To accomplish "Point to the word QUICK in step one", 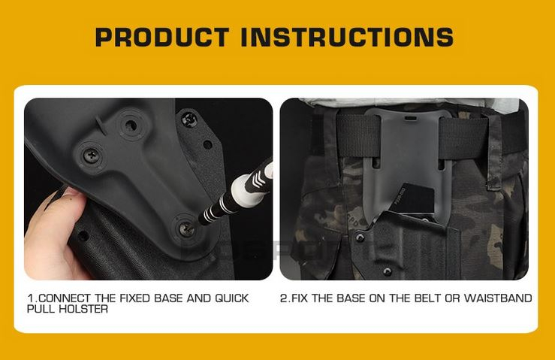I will click(232, 298).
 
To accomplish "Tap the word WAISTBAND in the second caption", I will click(499, 298).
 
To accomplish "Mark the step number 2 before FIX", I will click(284, 298).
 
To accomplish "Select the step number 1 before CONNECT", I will click(30, 298).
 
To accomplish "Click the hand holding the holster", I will click(49, 241).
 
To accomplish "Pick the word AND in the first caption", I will click(199, 298).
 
